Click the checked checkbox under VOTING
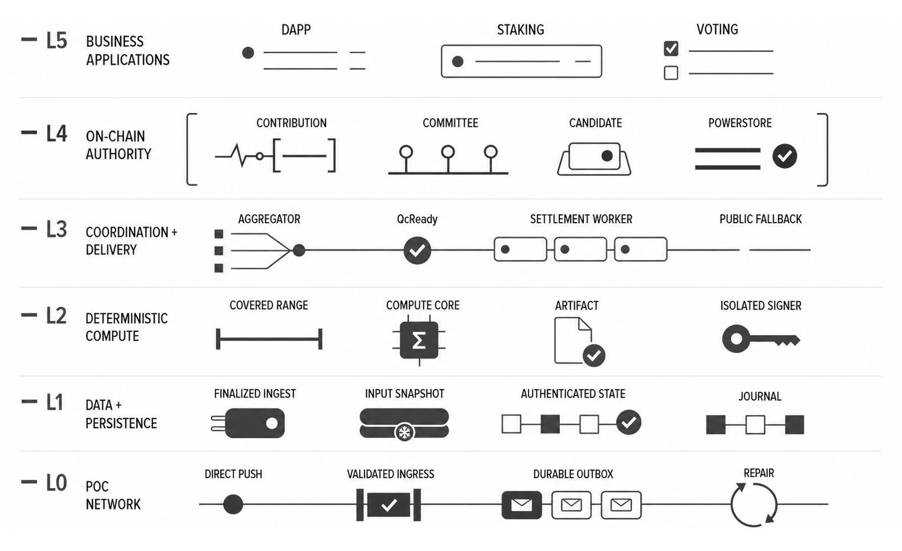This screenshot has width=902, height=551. [671, 49]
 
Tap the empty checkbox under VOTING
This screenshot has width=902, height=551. [671, 73]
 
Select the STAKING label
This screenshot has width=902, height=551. [521, 30]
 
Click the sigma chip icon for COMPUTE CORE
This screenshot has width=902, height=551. [419, 341]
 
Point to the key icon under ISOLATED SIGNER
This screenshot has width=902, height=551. [760, 339]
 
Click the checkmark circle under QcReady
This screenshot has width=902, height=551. [417, 250]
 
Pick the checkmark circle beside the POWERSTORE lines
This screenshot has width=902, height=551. [785, 156]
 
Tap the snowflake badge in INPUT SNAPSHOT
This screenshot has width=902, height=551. [405, 432]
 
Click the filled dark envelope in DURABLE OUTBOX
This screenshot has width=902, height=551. [521, 505]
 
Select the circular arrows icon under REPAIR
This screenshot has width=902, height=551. [754, 505]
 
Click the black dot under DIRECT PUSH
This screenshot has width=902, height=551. [233, 504]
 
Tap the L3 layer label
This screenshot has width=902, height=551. [56, 229]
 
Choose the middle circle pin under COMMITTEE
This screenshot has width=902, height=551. [448, 152]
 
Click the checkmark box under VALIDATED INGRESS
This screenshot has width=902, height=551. [388, 505]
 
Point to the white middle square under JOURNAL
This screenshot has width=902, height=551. [755, 425]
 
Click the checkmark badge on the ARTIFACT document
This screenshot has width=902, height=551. [594, 355]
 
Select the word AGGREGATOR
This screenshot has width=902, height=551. [269, 219]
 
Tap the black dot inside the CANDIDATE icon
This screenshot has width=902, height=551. [607, 156]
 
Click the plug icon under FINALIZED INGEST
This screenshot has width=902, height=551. [248, 424]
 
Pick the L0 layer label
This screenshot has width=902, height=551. [56, 483]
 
